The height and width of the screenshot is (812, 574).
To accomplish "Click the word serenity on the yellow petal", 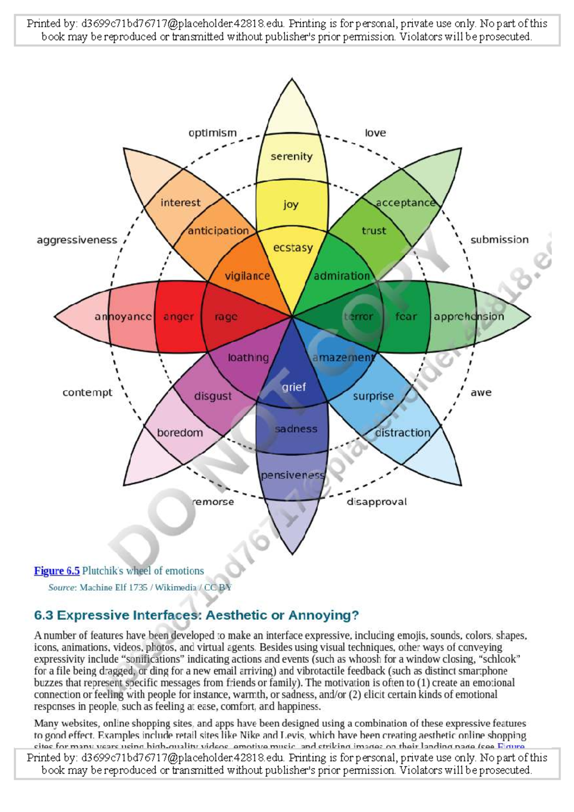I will [291, 156].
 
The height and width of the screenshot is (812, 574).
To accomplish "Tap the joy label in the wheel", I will [290, 205].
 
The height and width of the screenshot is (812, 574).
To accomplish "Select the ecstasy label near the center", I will [293, 248].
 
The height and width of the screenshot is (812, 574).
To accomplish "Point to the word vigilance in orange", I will [247, 276].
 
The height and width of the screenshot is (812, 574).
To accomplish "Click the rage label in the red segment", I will [226, 317].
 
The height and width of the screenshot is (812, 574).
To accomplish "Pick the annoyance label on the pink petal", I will [123, 317].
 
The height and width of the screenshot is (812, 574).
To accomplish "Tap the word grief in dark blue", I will [293, 387].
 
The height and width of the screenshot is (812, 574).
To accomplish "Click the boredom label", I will [180, 433].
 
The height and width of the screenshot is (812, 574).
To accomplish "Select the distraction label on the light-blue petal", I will [403, 433].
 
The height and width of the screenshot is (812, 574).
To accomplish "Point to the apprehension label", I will [469, 317].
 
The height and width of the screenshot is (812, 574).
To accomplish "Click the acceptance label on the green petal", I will [406, 203].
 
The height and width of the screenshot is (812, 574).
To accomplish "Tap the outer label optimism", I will [212, 133].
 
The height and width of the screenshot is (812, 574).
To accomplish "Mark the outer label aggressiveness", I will [77, 240].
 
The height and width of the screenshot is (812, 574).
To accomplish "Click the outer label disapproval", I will [376, 502].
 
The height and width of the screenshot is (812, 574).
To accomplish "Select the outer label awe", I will [481, 393].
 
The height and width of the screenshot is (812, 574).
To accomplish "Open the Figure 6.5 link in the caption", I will [56, 571].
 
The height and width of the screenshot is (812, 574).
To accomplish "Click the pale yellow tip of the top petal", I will [292, 110].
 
